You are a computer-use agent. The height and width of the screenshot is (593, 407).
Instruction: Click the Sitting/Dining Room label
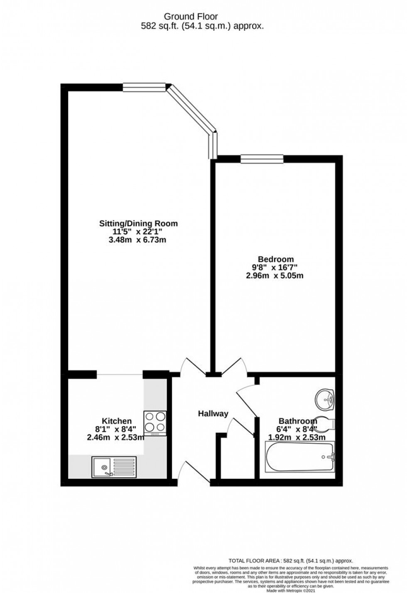point(138,223)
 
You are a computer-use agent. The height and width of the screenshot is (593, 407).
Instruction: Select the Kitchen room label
point(117,421)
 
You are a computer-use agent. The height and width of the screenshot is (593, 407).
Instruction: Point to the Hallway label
point(213,414)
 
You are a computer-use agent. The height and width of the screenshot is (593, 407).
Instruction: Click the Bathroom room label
point(298,421)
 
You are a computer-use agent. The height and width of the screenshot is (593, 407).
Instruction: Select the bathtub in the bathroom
point(300,457)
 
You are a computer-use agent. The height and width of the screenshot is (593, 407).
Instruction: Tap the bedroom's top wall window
point(262,158)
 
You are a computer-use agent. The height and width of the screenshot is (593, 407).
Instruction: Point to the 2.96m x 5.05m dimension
point(275,275)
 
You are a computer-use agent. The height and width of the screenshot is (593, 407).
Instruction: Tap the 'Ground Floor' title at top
point(191,17)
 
